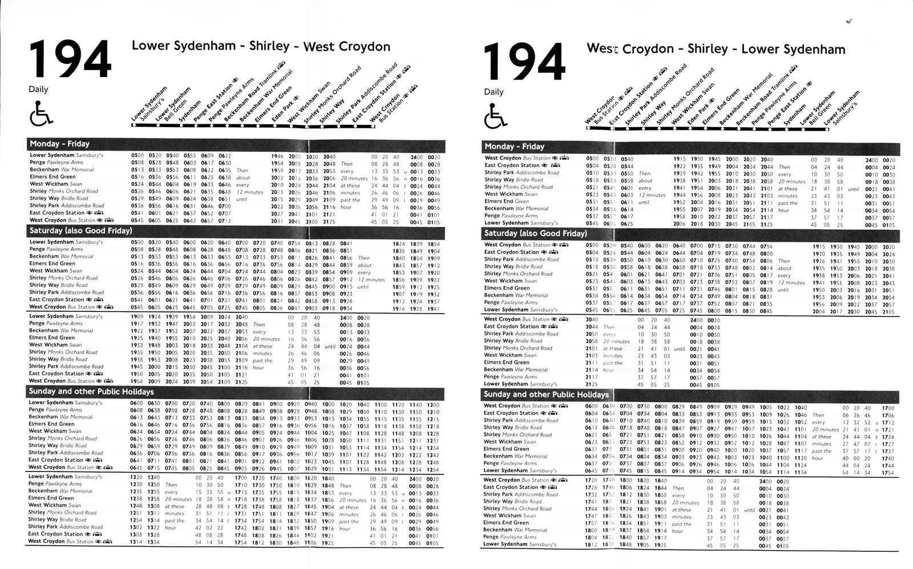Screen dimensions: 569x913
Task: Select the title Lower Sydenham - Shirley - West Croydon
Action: coord(261,46)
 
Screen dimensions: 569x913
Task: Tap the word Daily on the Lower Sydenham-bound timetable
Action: coord(494,92)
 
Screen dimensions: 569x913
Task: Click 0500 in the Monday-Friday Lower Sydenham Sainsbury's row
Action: coord(138,156)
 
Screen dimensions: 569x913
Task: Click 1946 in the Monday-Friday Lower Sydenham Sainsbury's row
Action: coord(277,156)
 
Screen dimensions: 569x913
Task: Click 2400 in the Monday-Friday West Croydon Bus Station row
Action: coord(872,160)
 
